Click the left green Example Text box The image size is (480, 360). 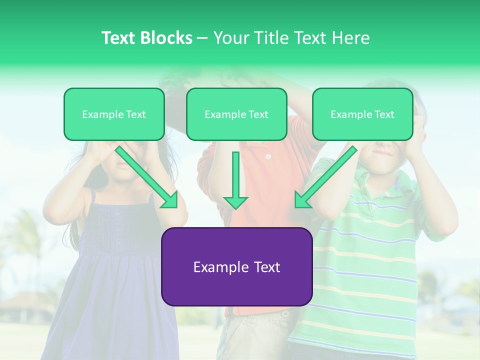pos(114,114)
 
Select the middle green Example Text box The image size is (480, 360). pos(236,114)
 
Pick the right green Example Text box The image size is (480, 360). pos(362,114)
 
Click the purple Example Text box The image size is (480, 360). pos(236,267)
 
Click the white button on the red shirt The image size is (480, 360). pos(268,156)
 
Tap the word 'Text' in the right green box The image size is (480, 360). pos(384,114)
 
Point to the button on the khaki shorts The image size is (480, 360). pos(285,314)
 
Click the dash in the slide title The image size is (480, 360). pos(203,38)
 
